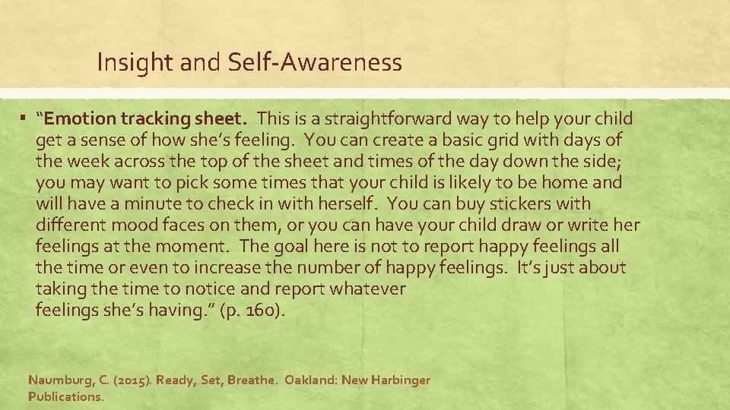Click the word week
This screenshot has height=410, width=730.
coord(84,162)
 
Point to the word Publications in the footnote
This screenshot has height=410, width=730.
coord(65,396)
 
